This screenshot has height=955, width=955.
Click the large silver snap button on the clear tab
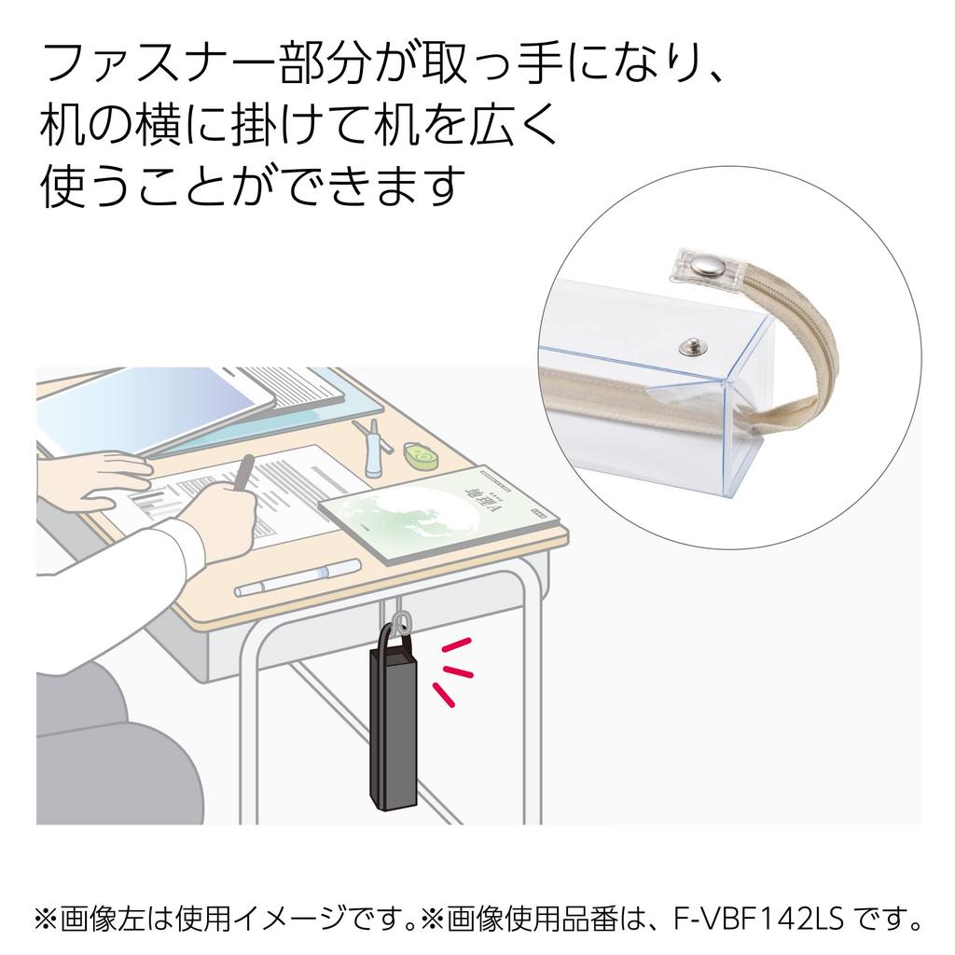pyautogui.click(x=703, y=266)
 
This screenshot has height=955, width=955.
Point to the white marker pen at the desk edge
pyautogui.click(x=298, y=577)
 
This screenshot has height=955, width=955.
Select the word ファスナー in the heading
pyautogui.click(x=159, y=63)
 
